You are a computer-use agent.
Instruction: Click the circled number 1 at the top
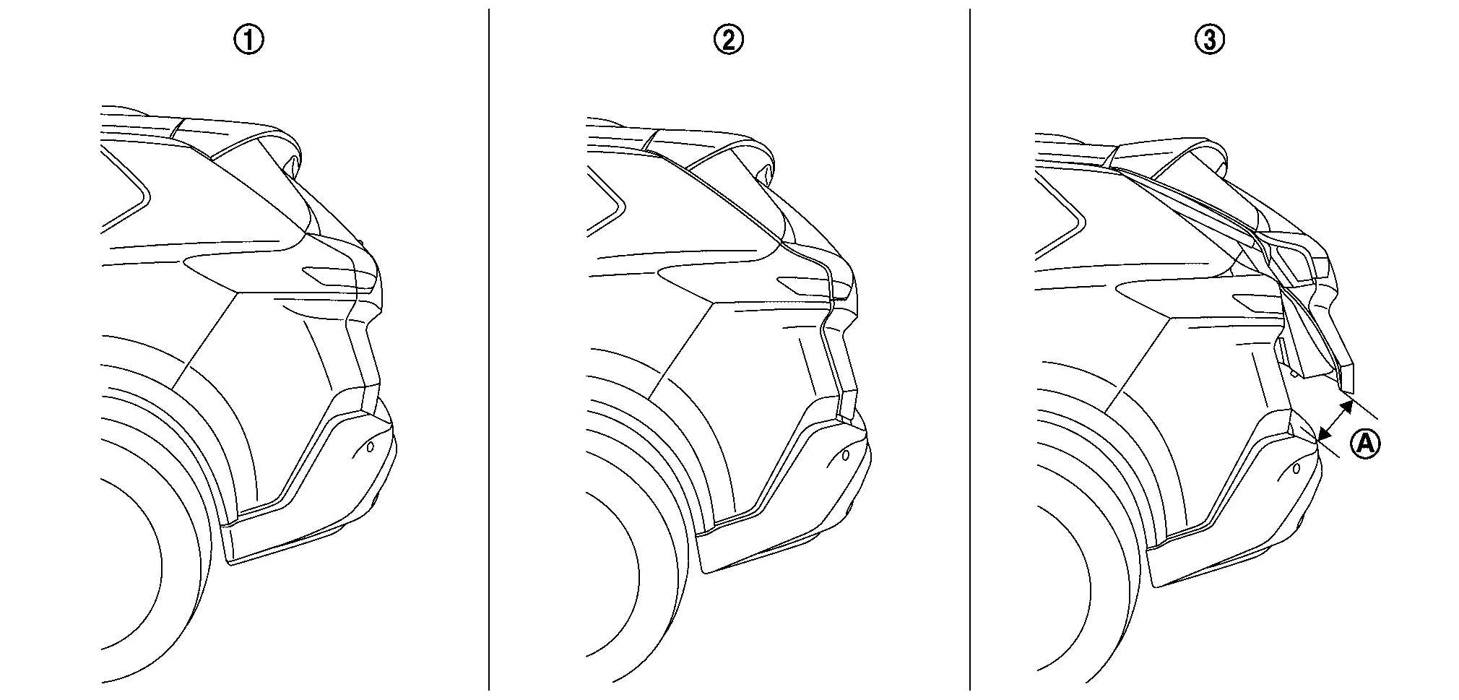[249, 40]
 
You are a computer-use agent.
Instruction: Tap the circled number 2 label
[728, 40]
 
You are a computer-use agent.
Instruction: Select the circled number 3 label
[1210, 40]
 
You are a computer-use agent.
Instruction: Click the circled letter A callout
[1365, 443]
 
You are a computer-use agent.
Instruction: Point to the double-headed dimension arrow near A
[1335, 420]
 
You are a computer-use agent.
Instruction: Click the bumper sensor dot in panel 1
[371, 447]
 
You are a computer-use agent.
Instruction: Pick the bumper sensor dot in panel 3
[1296, 469]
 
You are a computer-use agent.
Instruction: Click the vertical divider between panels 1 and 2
[489, 350]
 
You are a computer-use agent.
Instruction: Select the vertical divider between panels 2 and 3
[970, 350]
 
